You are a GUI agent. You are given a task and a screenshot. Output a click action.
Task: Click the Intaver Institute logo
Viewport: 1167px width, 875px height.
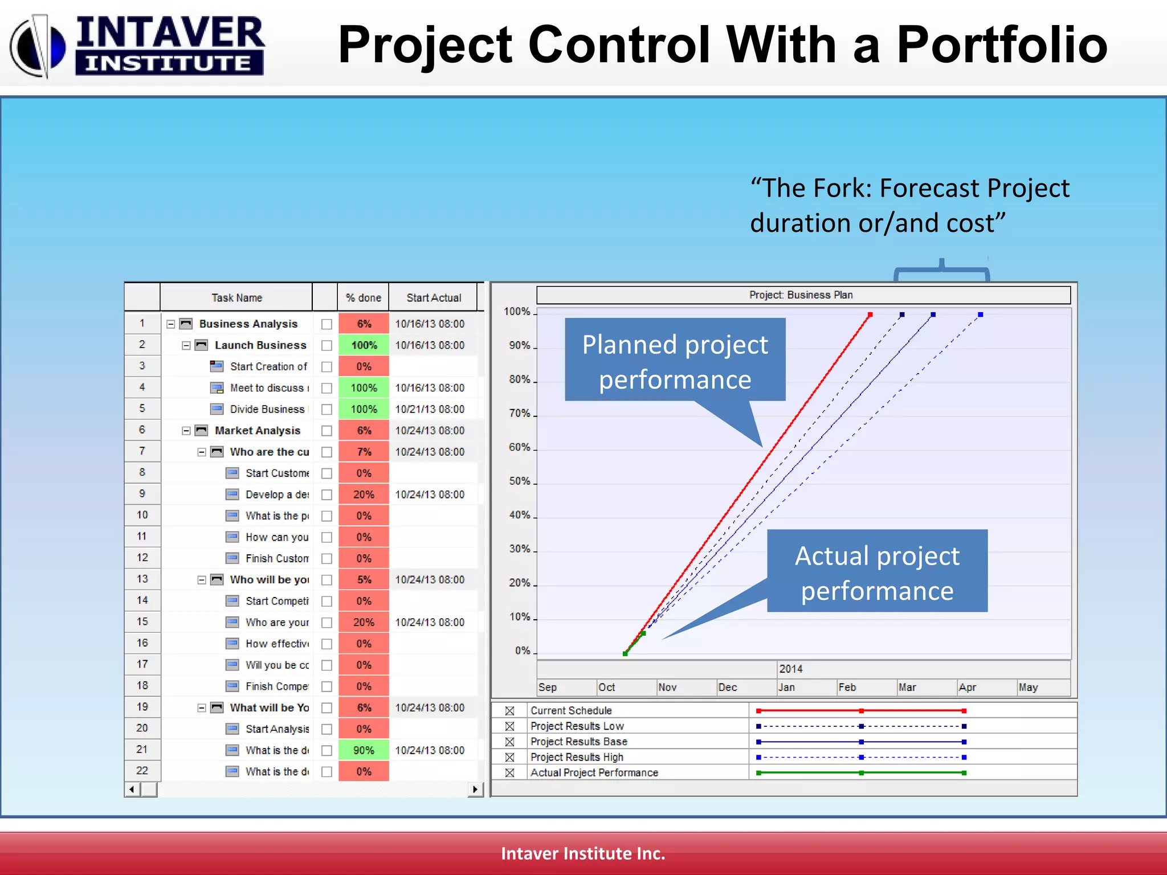(x=137, y=46)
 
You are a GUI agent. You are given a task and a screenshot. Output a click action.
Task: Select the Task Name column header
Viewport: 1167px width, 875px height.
(x=236, y=297)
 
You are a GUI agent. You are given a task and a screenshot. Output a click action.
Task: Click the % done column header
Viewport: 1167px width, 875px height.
(x=363, y=297)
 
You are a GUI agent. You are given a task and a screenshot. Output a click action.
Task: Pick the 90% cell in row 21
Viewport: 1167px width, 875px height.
(x=364, y=750)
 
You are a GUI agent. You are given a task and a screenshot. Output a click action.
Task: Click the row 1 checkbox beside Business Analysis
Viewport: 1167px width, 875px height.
(x=327, y=324)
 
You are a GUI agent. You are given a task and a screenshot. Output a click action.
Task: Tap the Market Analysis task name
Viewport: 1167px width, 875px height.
(x=258, y=431)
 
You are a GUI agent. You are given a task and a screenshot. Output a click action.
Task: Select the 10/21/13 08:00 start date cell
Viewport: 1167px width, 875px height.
(x=430, y=409)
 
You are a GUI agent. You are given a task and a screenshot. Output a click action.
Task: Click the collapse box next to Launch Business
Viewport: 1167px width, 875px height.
(x=186, y=346)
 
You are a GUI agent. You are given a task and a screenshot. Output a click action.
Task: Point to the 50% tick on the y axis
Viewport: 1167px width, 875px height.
(x=520, y=481)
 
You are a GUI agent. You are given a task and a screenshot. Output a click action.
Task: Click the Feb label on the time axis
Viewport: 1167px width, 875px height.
(x=847, y=687)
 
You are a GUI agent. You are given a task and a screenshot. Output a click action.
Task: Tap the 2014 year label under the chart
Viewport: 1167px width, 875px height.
(x=790, y=669)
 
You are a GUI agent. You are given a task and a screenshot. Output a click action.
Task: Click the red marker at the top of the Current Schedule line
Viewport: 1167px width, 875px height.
(x=870, y=314)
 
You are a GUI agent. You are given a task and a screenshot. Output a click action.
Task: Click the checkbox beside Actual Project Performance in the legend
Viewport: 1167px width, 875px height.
(x=509, y=773)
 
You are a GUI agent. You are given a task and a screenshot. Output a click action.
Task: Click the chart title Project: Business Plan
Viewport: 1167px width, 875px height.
(x=801, y=295)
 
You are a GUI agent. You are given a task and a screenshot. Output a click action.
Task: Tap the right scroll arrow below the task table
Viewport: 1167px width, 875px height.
(x=475, y=789)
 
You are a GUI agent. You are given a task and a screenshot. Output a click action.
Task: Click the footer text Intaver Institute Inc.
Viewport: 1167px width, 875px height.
(x=583, y=853)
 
